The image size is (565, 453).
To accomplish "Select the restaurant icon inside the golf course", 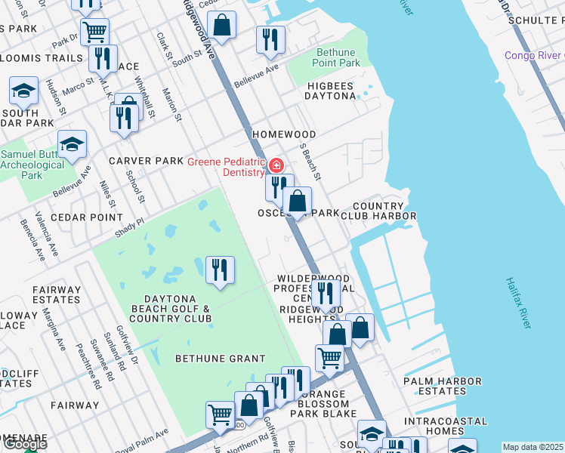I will (x=220, y=270).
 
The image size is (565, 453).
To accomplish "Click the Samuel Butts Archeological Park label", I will (x=32, y=165).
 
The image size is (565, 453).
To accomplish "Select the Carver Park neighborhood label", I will (x=146, y=161).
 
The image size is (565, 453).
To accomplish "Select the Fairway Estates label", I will (x=56, y=294).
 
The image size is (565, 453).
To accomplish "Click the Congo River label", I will (x=535, y=55).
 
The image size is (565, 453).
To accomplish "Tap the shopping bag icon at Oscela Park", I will (x=298, y=202).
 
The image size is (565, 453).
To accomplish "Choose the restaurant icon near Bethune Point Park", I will (x=270, y=40).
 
